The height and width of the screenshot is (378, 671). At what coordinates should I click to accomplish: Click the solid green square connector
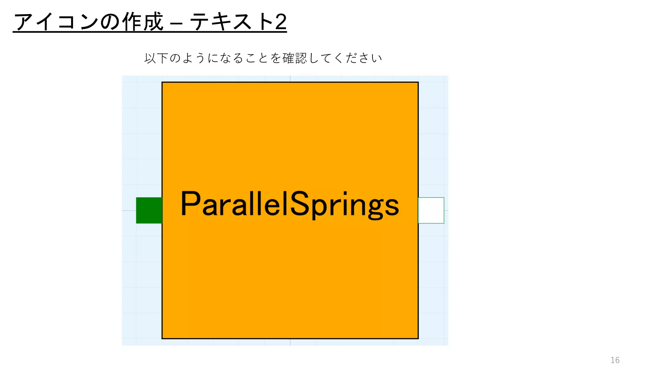149,210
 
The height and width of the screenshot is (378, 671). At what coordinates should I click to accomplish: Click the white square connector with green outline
431,210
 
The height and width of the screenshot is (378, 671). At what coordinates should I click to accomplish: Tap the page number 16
615,360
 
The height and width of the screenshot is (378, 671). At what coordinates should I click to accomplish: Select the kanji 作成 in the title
143,22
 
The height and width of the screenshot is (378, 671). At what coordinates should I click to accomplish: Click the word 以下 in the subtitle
156,58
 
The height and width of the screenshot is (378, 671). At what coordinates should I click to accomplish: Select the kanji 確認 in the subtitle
295,58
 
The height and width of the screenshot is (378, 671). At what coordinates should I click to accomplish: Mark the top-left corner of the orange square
162,82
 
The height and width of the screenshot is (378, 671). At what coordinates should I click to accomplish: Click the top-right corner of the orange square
418,82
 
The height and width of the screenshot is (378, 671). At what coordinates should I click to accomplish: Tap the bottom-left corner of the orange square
162,338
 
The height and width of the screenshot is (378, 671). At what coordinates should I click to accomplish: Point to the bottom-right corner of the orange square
418,338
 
